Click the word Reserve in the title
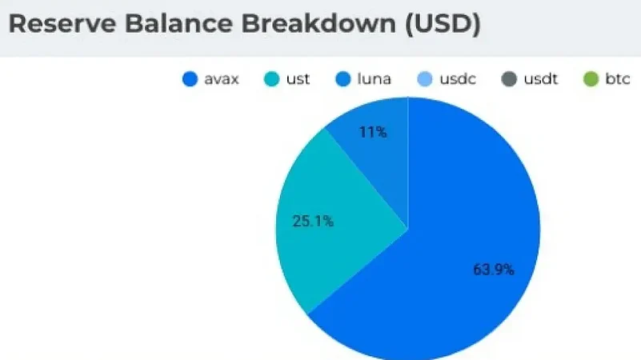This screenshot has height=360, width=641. click(x=62, y=23)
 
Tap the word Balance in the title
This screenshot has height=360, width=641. click(x=178, y=23)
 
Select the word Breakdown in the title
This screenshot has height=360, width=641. click(x=318, y=23)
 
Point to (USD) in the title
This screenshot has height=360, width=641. click(x=443, y=24)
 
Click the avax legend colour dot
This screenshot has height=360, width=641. click(x=190, y=79)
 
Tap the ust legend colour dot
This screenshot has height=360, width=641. click(x=272, y=79)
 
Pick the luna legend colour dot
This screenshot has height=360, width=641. click(x=343, y=79)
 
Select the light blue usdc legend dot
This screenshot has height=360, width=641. click(x=425, y=79)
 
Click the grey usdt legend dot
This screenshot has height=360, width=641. click(x=509, y=79)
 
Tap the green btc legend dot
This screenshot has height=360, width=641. click(x=591, y=79)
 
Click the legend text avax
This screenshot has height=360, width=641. click(x=221, y=80)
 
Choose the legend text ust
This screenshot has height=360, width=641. click(x=298, y=79)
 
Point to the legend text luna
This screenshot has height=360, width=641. click(x=374, y=79)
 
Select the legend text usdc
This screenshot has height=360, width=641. click(x=458, y=79)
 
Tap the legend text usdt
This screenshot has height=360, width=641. click(x=540, y=79)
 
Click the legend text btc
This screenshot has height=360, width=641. click(x=617, y=79)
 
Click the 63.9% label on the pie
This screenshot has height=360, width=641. click(x=494, y=270)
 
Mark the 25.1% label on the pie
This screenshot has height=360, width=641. click(x=313, y=222)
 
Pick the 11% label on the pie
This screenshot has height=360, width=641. click(x=373, y=132)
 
